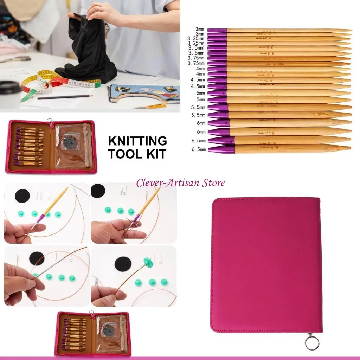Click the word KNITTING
click(x=137, y=141)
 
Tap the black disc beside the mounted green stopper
click(x=122, y=263)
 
